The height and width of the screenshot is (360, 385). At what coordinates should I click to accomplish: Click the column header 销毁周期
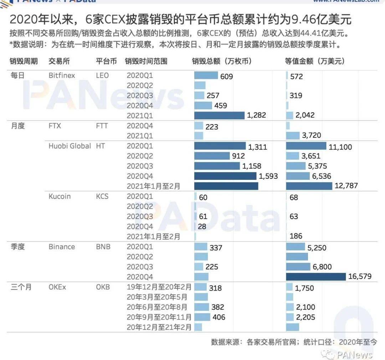tap(24, 61)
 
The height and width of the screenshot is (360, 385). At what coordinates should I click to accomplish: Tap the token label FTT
tap(102, 126)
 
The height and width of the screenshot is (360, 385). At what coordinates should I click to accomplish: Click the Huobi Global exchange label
tap(70, 146)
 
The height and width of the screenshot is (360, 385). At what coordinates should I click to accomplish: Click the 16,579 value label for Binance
tap(359, 276)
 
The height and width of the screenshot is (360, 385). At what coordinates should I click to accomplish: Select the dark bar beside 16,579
tap(315, 277)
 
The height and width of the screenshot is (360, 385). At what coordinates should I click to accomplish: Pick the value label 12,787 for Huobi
tap(346, 186)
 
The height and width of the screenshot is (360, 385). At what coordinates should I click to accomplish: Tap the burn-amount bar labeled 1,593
tap(225, 176)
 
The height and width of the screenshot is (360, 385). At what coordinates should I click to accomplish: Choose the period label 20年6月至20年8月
tap(159, 307)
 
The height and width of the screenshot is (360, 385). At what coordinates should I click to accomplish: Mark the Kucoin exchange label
tap(60, 197)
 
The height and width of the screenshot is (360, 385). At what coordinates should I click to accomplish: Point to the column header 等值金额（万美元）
tap(315, 61)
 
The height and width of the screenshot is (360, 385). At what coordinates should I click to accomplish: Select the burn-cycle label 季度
tap(17, 247)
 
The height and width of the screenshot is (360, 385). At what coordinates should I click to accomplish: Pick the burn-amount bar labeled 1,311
tap(220, 146)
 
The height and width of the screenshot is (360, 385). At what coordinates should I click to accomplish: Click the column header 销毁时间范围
tap(146, 61)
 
